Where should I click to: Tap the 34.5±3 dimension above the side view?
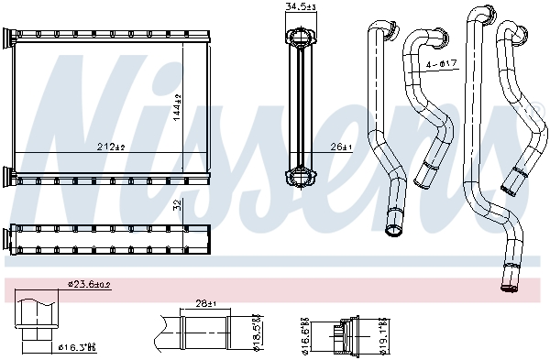(x=301, y=7)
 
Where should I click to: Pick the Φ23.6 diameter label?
(x=89, y=285)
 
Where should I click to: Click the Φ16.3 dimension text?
(x=76, y=348)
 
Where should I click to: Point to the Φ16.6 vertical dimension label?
(x=305, y=335)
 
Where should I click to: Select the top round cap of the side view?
(x=301, y=38)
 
